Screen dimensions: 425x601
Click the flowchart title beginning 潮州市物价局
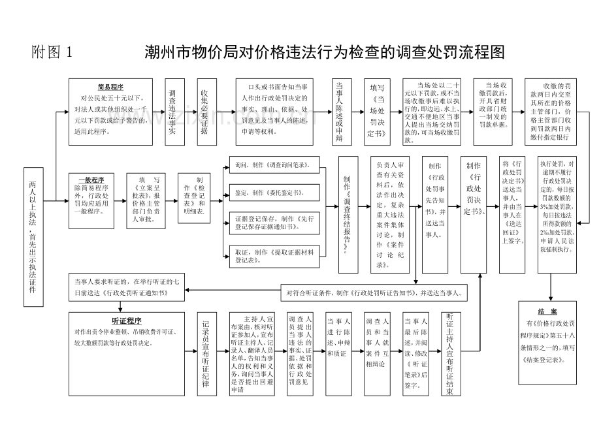325,52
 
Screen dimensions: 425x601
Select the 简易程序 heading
110,87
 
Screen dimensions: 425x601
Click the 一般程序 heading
91,179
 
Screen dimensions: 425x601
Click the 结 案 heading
547,311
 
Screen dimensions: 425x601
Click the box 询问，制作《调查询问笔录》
272,165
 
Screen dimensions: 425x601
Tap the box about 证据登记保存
272,223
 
